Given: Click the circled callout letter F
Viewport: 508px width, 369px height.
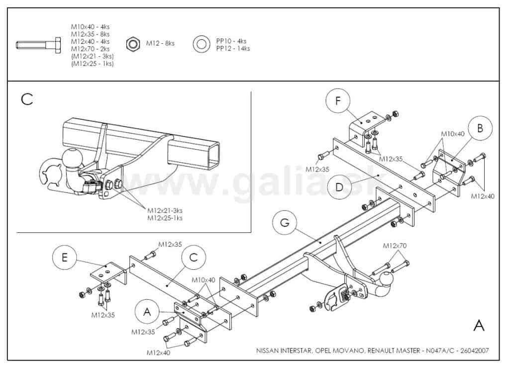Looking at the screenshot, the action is (338, 101).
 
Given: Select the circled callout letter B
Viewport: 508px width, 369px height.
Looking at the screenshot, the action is (480, 128).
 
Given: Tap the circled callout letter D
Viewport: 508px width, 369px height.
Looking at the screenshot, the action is (339, 187).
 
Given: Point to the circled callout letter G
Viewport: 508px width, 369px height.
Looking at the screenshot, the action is (285, 223).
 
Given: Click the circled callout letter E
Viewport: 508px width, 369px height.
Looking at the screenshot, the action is (65, 257).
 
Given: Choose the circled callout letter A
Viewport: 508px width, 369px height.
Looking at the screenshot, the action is (147, 312).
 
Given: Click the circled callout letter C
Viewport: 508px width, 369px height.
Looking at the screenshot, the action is (194, 258).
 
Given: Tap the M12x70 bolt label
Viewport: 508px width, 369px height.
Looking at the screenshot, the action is (394, 246).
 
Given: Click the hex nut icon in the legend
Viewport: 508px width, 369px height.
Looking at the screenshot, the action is (133, 44).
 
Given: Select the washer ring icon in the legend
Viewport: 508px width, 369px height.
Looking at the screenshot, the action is (201, 44).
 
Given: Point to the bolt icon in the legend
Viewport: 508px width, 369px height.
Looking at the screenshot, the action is (38, 45).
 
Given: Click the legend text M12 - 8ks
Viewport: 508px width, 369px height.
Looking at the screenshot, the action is (160, 43).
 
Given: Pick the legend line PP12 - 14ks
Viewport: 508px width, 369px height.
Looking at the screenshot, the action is (233, 48).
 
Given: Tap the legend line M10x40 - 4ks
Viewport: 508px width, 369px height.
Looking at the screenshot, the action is (90, 26).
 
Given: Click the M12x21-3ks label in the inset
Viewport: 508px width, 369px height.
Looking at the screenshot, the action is (165, 210).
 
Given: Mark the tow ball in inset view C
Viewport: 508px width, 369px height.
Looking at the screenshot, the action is (74, 158).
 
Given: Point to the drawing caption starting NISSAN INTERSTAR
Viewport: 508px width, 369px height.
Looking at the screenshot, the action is (372, 351).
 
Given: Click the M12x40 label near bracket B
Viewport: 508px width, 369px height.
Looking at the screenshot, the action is (483, 196).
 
